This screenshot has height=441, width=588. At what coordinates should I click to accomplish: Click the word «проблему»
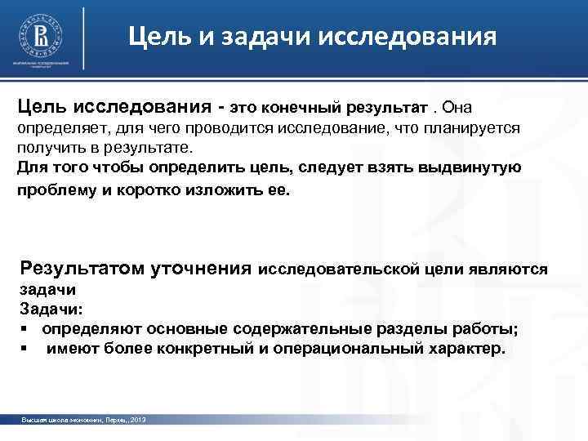[x=53, y=189]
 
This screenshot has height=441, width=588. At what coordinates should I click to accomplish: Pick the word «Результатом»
[x=83, y=269]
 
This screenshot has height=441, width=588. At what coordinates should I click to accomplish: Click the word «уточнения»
[x=203, y=269]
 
